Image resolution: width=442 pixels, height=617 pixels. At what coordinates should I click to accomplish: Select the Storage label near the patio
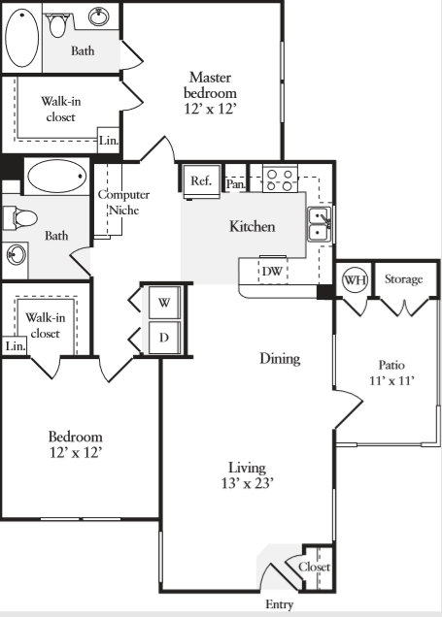pos(403,279)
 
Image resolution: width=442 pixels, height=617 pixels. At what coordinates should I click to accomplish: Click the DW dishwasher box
pos(273,271)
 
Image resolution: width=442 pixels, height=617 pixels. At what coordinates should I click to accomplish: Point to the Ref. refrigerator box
pos(201,180)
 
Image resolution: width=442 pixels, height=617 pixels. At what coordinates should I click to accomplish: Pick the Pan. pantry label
pos(235,182)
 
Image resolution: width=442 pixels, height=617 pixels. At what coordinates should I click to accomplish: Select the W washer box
pos(163,302)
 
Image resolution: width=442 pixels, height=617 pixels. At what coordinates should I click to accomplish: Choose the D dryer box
pos(163,339)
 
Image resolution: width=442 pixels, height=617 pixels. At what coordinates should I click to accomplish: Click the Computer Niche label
pos(122,202)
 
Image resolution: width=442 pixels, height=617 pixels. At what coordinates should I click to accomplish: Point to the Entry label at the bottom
pos(279,604)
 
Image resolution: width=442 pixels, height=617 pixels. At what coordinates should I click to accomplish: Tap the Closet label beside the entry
pos(314,567)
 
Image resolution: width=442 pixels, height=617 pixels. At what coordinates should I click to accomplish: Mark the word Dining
pos(280,359)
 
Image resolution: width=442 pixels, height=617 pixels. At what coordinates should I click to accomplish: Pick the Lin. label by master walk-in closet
pos(109,141)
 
